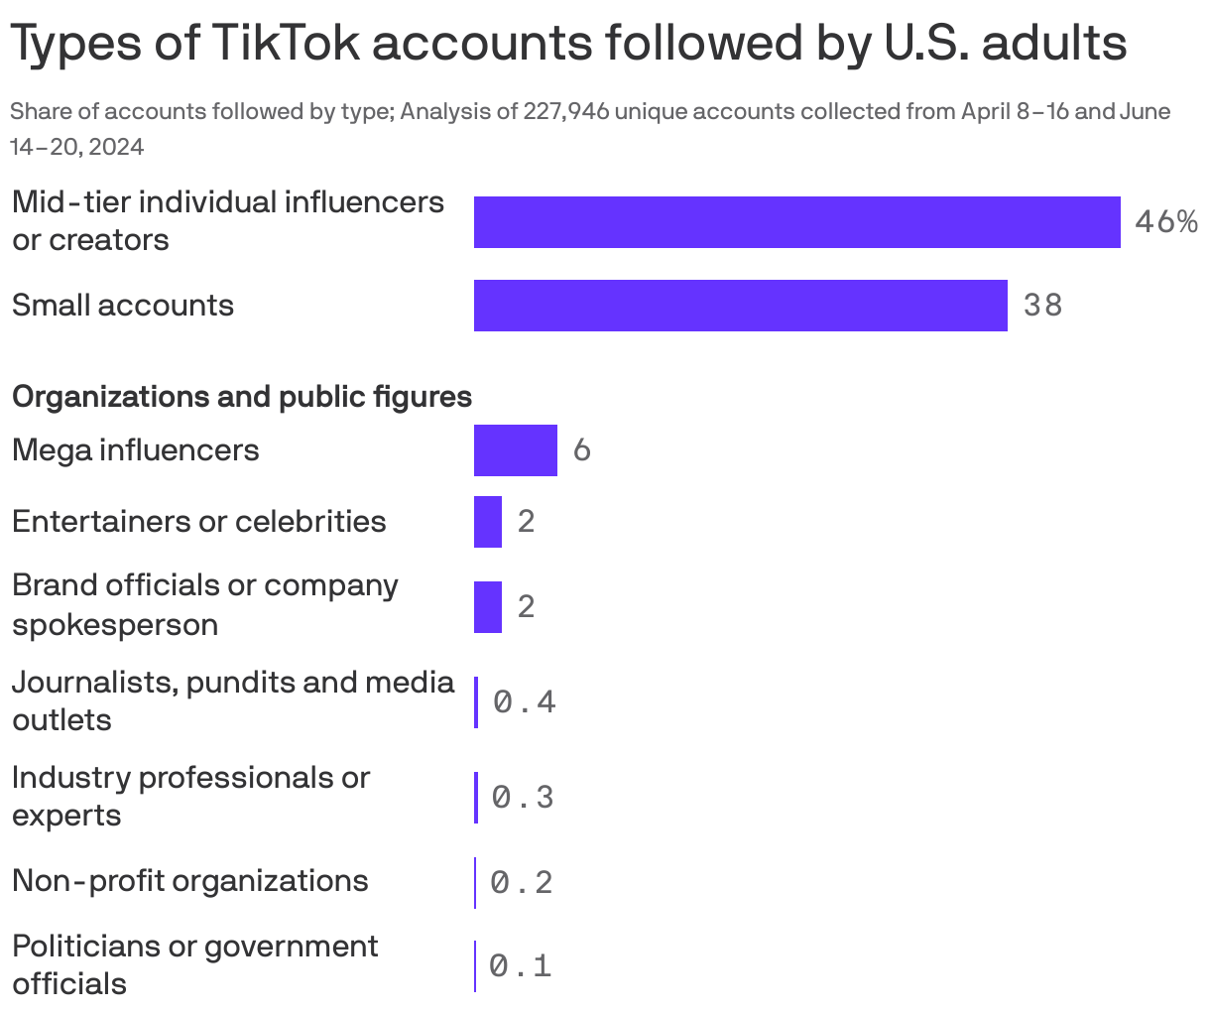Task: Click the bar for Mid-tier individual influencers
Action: click(x=796, y=222)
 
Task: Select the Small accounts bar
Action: click(x=740, y=306)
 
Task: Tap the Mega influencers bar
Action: click(x=515, y=450)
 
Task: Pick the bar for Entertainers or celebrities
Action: click(x=487, y=522)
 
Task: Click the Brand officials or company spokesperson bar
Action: click(x=487, y=606)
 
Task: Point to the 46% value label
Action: click(x=1165, y=222)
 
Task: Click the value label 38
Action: click(x=1042, y=306)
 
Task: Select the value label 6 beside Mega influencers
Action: click(x=582, y=450)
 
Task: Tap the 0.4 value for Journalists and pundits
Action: click(x=525, y=702)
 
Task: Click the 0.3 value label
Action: click(x=523, y=797)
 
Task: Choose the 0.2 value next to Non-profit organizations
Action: click(x=522, y=882)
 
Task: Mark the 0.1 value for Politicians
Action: click(x=521, y=965)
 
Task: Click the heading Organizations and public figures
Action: click(x=241, y=397)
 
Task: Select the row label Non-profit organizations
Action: click(x=189, y=881)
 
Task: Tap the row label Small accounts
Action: click(x=122, y=306)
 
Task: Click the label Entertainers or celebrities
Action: click(x=198, y=522)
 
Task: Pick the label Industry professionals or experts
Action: click(x=189, y=796)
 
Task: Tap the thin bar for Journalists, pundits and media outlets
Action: click(x=476, y=702)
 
